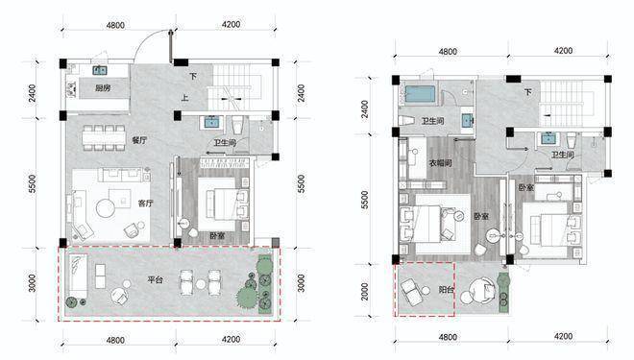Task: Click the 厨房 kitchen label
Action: pos(103,87)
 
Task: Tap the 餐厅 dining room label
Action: pos(139,140)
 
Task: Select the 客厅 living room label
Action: pos(146,203)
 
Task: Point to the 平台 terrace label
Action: pos(155,279)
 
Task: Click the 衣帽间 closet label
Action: pos(440,163)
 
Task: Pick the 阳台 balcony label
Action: pos(446,289)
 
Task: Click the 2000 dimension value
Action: pos(365,291)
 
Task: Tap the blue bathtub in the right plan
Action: pos(420,94)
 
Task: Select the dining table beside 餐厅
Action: pos(103,138)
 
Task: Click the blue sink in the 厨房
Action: pos(100,71)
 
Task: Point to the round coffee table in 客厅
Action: pos(106,207)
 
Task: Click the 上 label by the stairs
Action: pos(184,97)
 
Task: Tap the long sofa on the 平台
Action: pos(78,276)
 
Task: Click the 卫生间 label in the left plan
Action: pos(225,143)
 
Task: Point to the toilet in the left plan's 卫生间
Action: pos(237,125)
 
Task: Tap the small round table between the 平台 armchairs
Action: pos(201,284)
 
